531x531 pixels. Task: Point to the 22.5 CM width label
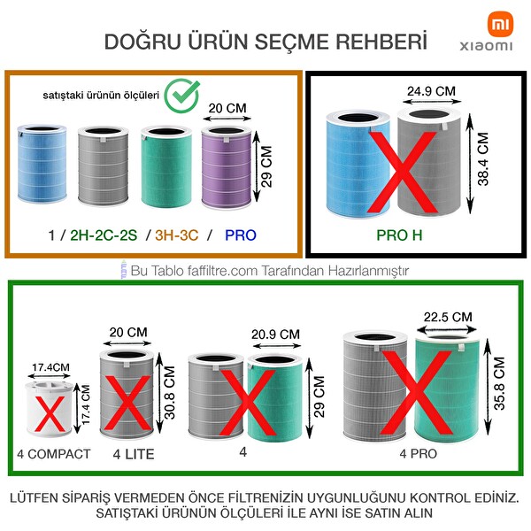(448, 317)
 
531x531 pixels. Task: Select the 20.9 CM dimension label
(275, 334)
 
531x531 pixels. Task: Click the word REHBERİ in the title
(381, 42)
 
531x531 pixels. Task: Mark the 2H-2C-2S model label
(100, 236)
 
